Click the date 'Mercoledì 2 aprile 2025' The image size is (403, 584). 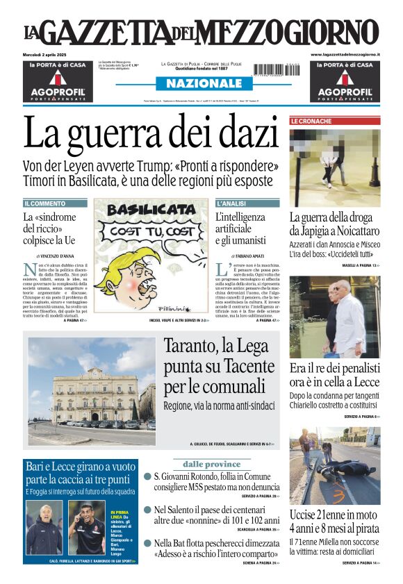click(x=47, y=54)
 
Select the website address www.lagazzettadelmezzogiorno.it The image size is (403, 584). click(x=345, y=54)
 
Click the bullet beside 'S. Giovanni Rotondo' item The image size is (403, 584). click(x=148, y=477)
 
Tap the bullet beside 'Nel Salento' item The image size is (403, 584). click(x=148, y=510)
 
